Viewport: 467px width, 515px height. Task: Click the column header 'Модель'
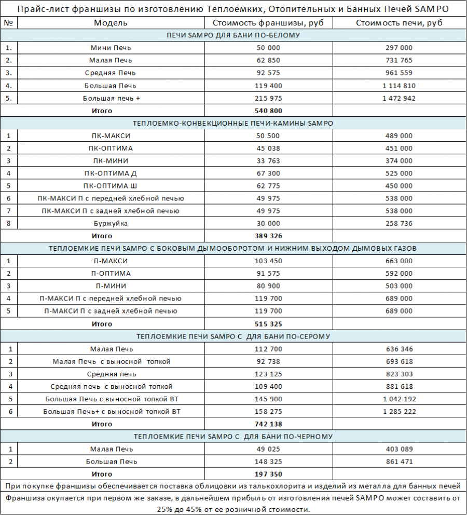(x=111, y=23)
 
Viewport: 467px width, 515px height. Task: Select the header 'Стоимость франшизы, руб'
(x=269, y=23)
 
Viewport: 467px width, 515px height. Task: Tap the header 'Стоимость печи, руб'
(x=399, y=23)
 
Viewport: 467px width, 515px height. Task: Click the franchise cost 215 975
(x=269, y=98)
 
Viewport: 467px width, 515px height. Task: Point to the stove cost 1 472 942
(x=399, y=98)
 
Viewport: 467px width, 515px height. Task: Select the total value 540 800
(x=269, y=111)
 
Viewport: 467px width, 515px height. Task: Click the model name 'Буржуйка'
(x=111, y=223)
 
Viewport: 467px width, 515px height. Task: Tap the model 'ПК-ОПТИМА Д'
(x=111, y=173)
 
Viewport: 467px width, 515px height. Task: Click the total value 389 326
(x=269, y=236)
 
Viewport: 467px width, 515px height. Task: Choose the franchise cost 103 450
(x=269, y=261)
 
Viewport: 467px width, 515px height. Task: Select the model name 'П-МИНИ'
(x=111, y=286)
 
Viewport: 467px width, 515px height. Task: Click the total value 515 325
(x=269, y=324)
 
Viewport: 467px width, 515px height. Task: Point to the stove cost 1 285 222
(x=399, y=412)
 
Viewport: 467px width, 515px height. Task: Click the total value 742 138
(x=269, y=424)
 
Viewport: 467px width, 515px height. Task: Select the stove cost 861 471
(x=399, y=462)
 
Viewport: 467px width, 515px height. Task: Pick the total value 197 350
(x=269, y=474)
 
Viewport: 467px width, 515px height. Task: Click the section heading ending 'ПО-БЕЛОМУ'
(x=233, y=35)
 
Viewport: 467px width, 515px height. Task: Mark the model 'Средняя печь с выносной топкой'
(x=111, y=386)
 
